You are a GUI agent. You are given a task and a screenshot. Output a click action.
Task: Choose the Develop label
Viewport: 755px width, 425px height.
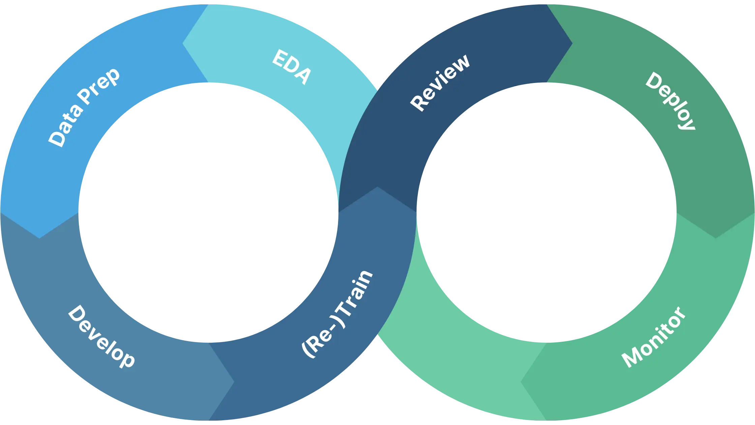pyautogui.click(x=101, y=336)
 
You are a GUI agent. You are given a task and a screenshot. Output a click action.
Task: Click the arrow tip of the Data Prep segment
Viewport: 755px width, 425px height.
pyautogui.click(x=39, y=238)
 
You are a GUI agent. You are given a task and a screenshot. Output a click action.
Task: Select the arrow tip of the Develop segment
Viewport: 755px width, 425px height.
pyautogui.click(x=234, y=382)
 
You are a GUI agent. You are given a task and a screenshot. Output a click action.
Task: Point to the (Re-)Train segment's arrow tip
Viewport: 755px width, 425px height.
pyautogui.click(x=377, y=188)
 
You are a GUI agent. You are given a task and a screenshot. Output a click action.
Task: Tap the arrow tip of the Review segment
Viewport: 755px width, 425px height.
pyautogui.click(x=572, y=43)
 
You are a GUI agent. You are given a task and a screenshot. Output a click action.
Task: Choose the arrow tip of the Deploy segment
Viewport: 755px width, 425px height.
pyautogui.click(x=715, y=237)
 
